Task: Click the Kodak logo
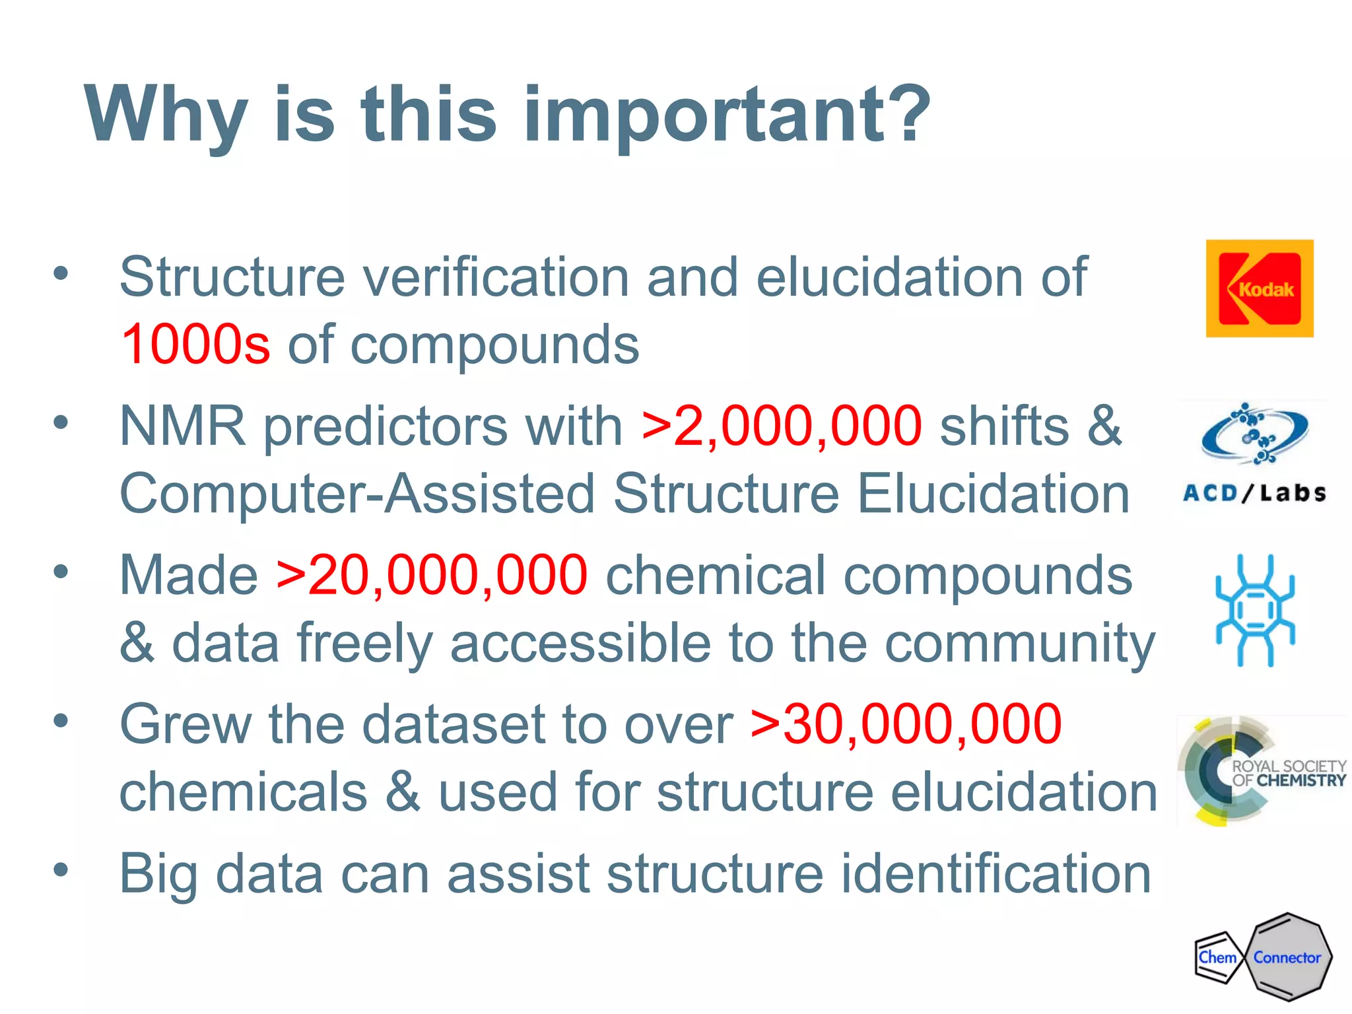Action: (x=1259, y=288)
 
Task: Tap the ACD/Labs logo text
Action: (x=1254, y=493)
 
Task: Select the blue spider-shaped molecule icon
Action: (x=1255, y=611)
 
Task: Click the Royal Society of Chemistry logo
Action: (x=1261, y=771)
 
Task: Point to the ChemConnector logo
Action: (x=1262, y=957)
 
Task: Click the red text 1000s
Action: (x=195, y=344)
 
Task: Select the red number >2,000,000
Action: (x=781, y=426)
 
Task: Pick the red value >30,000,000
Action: (x=906, y=724)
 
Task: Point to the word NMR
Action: (x=182, y=426)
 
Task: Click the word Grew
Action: (x=186, y=724)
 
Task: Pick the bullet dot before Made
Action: (x=61, y=572)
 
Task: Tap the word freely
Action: (x=364, y=644)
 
